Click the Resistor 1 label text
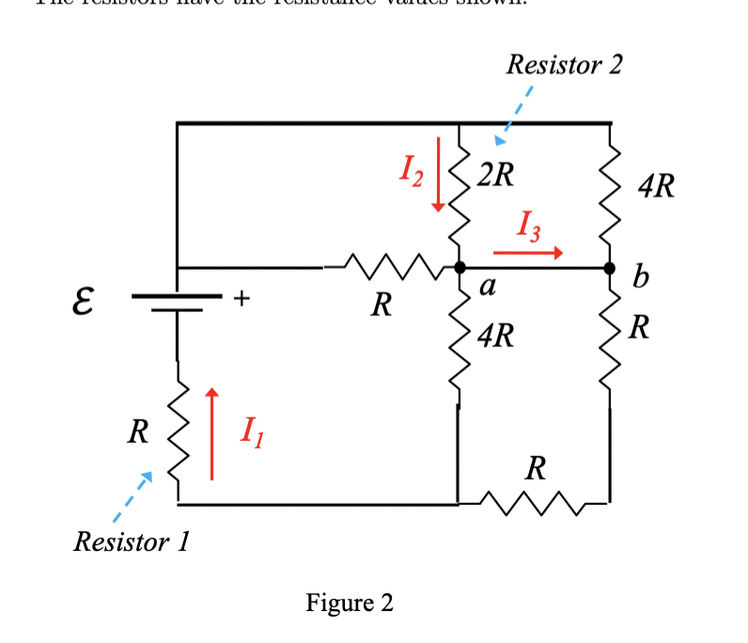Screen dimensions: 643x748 (x=132, y=542)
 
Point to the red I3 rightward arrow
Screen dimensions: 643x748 (x=527, y=252)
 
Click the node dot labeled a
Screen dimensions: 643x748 (x=460, y=269)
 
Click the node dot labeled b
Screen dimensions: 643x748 (x=611, y=269)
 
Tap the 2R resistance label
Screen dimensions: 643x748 (x=494, y=176)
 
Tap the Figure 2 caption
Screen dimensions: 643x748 (x=350, y=603)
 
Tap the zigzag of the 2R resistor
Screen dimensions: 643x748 (x=459, y=193)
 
